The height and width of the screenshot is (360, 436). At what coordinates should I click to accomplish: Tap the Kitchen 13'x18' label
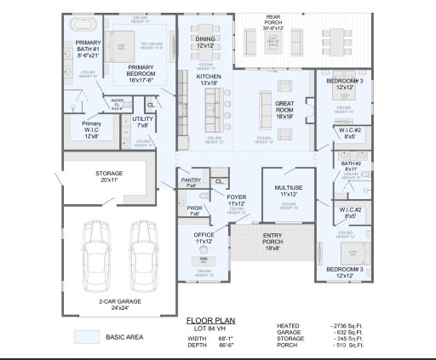tap(209, 80)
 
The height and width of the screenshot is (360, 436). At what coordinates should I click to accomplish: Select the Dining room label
tap(205, 43)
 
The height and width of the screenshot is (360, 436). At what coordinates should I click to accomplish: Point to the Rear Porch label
tap(272, 21)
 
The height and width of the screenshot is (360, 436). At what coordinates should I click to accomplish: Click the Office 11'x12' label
tap(204, 238)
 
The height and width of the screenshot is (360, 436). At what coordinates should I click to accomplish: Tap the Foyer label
tap(236, 201)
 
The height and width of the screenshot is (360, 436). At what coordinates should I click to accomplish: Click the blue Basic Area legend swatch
tap(86, 337)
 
